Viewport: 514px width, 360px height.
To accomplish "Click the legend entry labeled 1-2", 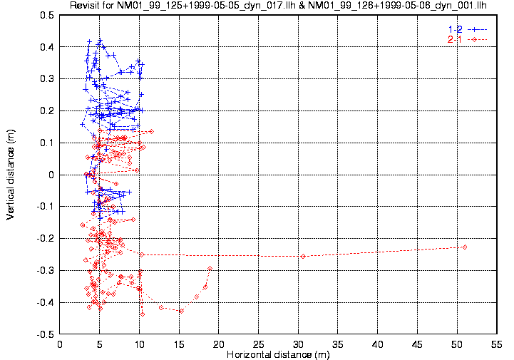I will pyautogui.click(x=454, y=29).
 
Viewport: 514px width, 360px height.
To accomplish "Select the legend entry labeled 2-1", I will pyautogui.click(x=454, y=38).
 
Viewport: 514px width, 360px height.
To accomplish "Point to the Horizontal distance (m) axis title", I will pyautogui.click(x=277, y=354).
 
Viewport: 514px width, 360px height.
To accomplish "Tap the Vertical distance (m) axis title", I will pyautogui.click(x=10, y=174).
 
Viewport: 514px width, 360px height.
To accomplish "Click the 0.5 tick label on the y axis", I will pyautogui.click(x=46, y=15).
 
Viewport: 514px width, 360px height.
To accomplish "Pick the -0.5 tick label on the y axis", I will pyautogui.click(x=45, y=334).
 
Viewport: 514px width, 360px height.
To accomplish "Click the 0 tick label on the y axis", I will pyautogui.click(x=51, y=175).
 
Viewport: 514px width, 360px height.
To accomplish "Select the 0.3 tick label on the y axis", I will pyautogui.click(x=46, y=79).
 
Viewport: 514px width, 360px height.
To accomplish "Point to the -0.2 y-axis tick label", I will pyautogui.click(x=45, y=239).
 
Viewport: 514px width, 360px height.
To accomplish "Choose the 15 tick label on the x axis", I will pyautogui.click(x=179, y=344).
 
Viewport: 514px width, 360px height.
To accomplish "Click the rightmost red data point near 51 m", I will pyautogui.click(x=465, y=247).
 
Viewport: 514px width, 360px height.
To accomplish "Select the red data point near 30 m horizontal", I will pyautogui.click(x=303, y=257).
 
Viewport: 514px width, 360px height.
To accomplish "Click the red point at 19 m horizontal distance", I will pyautogui.click(x=210, y=269).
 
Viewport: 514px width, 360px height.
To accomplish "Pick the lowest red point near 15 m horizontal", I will pyautogui.click(x=181, y=311).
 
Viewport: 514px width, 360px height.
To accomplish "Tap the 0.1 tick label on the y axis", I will pyautogui.click(x=46, y=143).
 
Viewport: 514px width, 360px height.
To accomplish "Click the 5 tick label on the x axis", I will pyautogui.click(x=99, y=344).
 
